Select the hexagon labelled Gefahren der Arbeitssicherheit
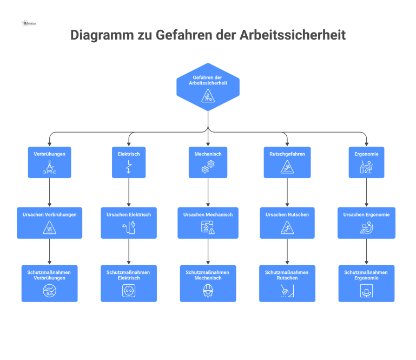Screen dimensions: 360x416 [x=208, y=87]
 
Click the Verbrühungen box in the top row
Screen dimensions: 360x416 [x=49, y=162]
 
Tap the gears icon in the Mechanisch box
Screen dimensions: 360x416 [x=208, y=167]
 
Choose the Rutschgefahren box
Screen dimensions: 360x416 [x=287, y=162]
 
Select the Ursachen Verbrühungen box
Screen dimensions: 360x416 [x=49, y=222]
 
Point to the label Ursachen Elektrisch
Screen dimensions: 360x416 [x=129, y=214]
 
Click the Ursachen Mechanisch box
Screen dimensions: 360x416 [x=208, y=222]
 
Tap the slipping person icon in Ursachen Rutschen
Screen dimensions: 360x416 [x=287, y=227]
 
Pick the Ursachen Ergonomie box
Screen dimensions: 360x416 [x=366, y=222]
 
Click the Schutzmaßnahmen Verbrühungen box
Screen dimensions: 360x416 [x=49, y=283]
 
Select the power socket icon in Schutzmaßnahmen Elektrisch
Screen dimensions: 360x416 [x=129, y=291]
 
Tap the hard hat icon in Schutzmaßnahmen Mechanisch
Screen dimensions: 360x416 [x=208, y=291]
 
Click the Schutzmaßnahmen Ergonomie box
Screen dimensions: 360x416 [x=366, y=283]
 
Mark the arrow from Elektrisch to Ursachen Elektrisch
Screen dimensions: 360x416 [x=129, y=192]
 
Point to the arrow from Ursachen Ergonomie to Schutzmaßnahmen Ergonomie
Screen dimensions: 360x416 [x=366, y=251]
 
